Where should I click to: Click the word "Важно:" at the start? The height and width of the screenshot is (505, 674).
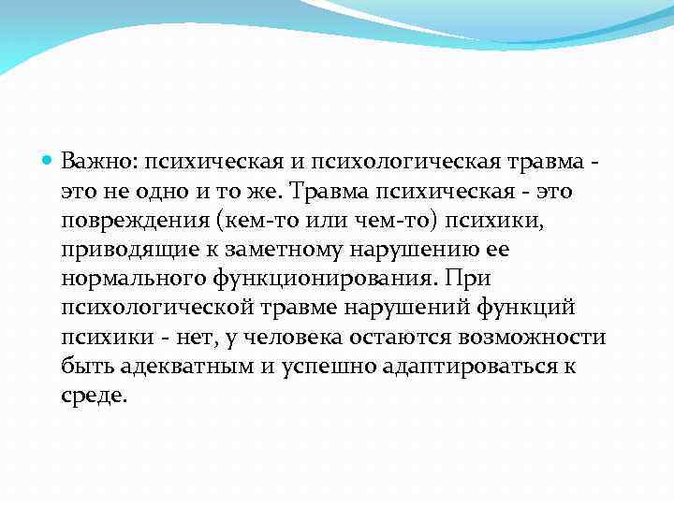pyautogui.click(x=98, y=163)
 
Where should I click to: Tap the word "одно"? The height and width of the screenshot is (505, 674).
pyautogui.click(x=163, y=192)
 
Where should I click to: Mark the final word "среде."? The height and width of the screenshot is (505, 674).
pyautogui.click(x=93, y=395)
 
